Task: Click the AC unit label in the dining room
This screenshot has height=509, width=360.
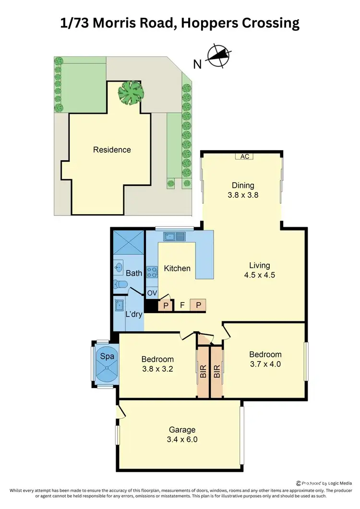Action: click(244, 157)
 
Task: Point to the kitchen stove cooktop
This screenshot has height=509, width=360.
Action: click(152, 273)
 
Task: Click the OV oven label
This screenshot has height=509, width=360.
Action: click(152, 293)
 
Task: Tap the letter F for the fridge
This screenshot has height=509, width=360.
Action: click(182, 304)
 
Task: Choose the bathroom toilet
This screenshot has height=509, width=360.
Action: click(120, 285)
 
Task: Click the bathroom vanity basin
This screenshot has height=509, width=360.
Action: click(119, 268)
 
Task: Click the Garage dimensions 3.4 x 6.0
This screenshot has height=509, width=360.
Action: click(182, 439)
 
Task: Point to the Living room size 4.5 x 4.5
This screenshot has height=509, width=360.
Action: click(260, 275)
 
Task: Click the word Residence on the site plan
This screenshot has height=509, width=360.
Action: click(112, 150)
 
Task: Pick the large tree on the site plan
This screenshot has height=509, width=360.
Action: click(132, 92)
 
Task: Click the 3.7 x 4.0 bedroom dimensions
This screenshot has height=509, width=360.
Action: click(265, 364)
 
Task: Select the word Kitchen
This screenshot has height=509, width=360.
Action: click(178, 268)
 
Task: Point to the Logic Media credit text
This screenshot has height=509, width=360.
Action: click(326, 483)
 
